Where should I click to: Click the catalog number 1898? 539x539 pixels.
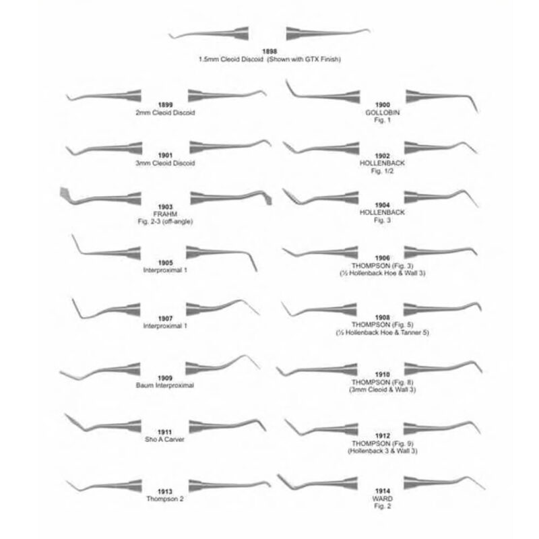269,52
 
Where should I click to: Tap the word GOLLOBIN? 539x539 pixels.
382,113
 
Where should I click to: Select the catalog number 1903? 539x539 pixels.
165,207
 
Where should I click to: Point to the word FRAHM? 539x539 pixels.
165,214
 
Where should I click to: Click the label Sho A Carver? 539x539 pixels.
164,439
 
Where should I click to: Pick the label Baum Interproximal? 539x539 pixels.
165,385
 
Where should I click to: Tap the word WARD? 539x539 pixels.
382,499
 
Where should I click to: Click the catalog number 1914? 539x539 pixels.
382,491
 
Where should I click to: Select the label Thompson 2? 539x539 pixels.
165,499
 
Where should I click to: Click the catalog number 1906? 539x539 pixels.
382,258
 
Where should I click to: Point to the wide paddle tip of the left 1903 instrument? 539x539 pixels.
64,193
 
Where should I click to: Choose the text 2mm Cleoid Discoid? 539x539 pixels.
165,113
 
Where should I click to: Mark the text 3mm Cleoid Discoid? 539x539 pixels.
165,163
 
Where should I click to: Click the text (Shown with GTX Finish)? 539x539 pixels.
305,59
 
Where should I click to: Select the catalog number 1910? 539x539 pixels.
382,375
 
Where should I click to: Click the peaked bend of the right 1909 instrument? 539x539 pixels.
244,356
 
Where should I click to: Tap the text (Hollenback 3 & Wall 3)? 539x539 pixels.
382,451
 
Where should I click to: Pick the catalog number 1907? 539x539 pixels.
165,319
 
